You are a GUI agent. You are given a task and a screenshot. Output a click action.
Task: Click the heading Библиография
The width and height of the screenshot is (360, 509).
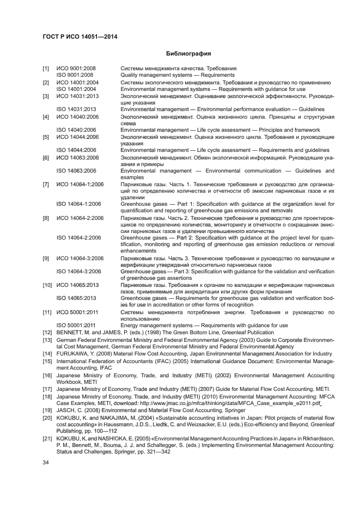[x=188, y=54]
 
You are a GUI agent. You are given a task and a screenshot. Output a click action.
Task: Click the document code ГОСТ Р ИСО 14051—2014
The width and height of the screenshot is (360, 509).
[x=80, y=36]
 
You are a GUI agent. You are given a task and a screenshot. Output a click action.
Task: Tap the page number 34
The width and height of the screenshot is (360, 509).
[x=46, y=463]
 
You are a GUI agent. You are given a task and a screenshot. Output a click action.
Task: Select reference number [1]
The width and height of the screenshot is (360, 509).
[x=46, y=69]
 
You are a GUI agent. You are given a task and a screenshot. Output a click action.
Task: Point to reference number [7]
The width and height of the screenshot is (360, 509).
[x=46, y=185]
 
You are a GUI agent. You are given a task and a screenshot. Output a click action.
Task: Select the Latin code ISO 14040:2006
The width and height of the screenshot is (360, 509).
[x=76, y=130]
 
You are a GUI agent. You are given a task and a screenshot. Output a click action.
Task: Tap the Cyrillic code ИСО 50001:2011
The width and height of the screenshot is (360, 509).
[x=78, y=312]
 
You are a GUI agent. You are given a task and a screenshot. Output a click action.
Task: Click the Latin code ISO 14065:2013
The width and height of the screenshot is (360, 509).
[x=76, y=298]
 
